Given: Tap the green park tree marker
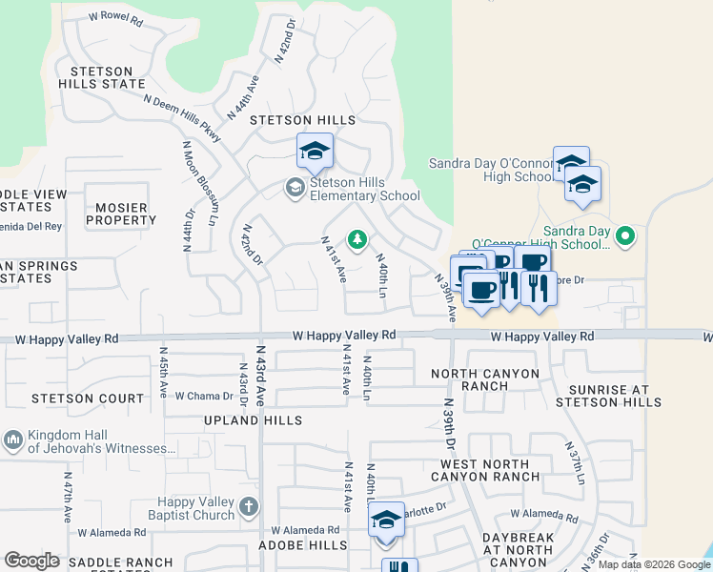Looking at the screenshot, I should click(357, 239).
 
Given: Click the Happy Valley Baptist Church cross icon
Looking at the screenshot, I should click(249, 506).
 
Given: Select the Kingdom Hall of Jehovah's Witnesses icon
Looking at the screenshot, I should click(12, 439).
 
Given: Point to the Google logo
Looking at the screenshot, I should click(31, 561).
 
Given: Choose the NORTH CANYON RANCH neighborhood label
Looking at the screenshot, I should click(485, 379).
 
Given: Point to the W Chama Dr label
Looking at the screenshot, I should click(204, 396).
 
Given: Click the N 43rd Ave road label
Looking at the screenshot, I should click(259, 366).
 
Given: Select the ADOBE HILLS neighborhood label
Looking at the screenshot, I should click(303, 545).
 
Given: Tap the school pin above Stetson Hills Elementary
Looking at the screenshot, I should click(315, 150).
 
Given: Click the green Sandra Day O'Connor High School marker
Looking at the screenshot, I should click(625, 235).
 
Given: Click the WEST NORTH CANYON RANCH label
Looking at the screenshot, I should click(491, 469).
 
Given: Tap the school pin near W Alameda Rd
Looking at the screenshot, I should click(386, 521).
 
